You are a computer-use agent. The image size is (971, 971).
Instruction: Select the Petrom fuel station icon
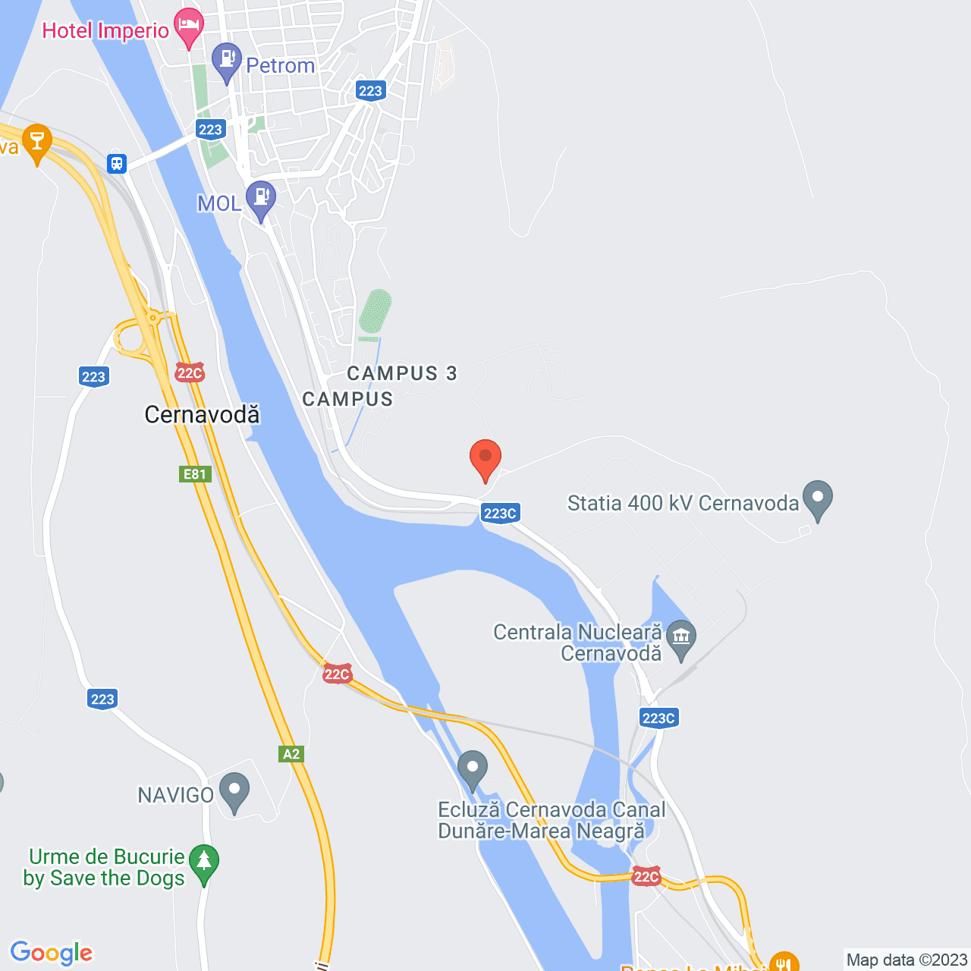click(x=226, y=61)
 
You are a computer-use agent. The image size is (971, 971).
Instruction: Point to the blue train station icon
click(x=117, y=163)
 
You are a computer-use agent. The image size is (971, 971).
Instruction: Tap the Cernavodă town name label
click(x=202, y=415)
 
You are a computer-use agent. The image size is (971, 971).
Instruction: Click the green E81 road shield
click(x=195, y=474)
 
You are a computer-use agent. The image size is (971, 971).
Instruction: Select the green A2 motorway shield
click(x=291, y=753)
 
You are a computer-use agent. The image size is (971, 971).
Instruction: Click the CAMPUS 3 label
click(x=402, y=373)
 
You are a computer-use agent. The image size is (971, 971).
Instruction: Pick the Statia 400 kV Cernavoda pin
click(x=818, y=498)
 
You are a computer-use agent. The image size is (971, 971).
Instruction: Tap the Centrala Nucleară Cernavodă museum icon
click(x=682, y=637)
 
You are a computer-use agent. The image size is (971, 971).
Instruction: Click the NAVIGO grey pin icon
click(x=234, y=790)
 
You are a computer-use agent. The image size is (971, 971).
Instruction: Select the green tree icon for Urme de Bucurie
click(x=203, y=863)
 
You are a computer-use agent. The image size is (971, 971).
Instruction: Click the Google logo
click(x=52, y=953)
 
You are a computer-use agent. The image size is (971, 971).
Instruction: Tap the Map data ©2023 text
click(x=907, y=960)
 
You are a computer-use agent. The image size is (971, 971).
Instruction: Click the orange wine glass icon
click(x=36, y=141)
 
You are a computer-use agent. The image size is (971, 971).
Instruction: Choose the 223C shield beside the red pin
click(x=500, y=514)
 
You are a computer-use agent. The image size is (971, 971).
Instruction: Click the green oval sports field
click(x=376, y=311)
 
